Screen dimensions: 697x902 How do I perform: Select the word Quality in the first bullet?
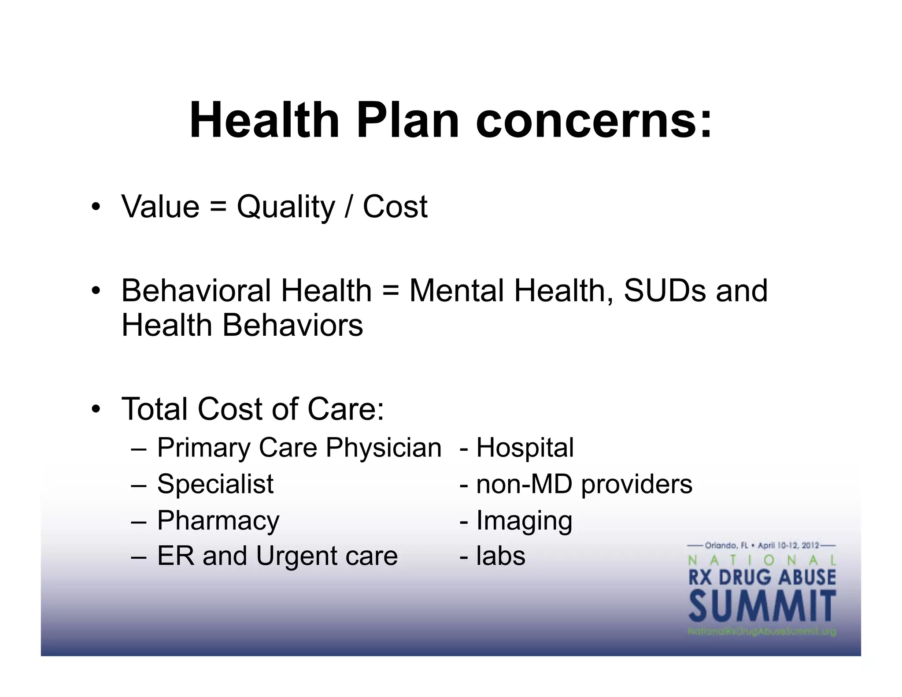coord(286,207)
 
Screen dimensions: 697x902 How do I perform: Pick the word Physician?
coord(383,448)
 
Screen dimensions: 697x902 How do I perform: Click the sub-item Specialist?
coord(215,484)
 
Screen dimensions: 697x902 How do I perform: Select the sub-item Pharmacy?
coord(218,521)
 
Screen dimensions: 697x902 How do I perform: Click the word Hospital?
coord(525,448)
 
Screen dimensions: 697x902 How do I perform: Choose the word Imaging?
coord(524,521)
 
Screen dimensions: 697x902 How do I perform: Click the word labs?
coord(501,556)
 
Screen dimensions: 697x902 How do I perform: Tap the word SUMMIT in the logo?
coord(762,607)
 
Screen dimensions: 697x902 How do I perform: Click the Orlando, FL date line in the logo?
coord(762,545)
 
